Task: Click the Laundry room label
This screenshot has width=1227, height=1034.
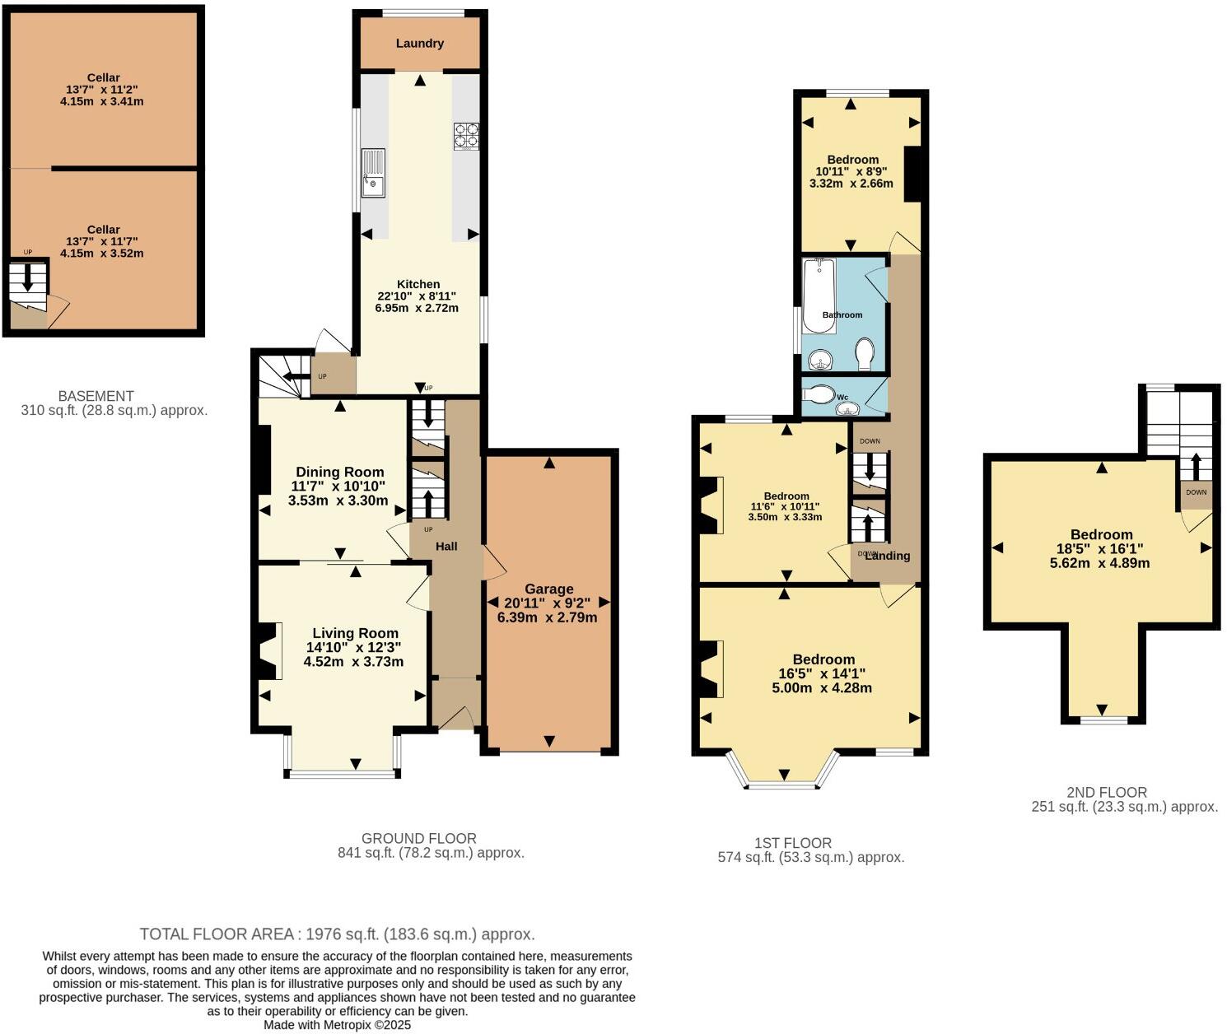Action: point(419,44)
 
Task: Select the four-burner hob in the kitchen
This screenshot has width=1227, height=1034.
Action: point(465,136)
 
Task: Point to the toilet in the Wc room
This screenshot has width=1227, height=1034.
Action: point(819,394)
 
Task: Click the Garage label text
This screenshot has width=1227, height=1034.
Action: point(548,589)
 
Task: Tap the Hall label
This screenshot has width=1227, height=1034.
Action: point(446,547)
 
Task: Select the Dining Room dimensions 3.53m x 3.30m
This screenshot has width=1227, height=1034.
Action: point(338,500)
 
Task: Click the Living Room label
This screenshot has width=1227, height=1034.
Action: point(355,633)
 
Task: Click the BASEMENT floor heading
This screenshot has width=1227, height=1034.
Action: point(96,396)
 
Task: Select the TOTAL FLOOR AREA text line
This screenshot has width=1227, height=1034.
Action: point(338,934)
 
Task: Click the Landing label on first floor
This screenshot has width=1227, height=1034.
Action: point(888,556)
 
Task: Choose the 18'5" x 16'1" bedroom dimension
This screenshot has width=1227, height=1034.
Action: point(1100,549)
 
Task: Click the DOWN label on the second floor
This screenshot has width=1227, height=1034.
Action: point(1196,492)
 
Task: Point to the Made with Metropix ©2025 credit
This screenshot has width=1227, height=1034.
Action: point(337,1025)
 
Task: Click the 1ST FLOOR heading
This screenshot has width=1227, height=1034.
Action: point(793,843)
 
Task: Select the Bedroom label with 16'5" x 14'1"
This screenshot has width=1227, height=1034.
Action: point(823,659)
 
